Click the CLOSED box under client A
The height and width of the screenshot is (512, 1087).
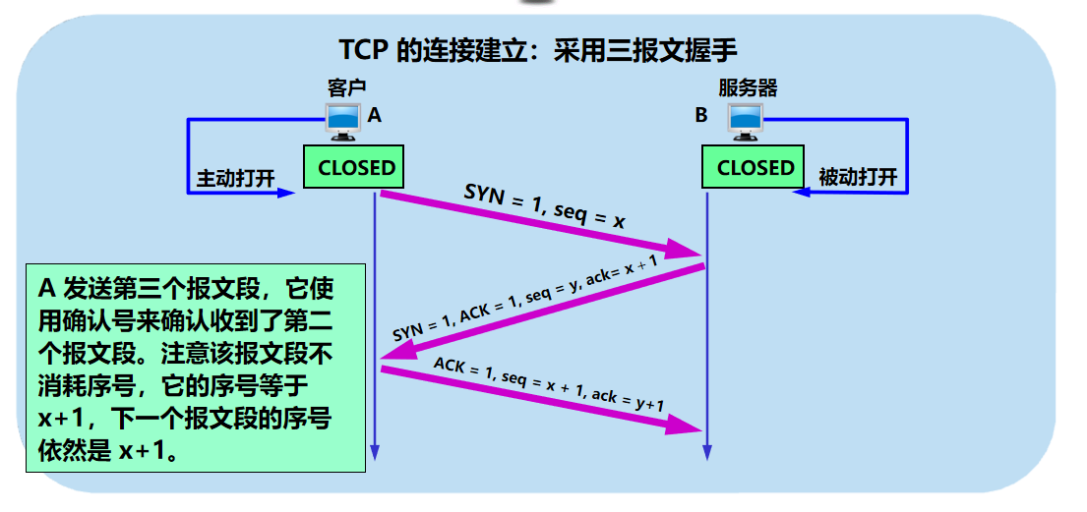pos(356,167)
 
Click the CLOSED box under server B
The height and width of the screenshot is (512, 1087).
pos(755,167)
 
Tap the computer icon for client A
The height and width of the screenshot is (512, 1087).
pos(343,117)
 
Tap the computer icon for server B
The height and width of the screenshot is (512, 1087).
pos(745,117)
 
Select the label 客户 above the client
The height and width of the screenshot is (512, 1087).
pos(346,87)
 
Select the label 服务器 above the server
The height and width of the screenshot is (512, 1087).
pos(748,87)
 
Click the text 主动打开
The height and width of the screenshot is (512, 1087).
pos(235,178)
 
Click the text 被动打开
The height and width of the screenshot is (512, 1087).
pos(858,178)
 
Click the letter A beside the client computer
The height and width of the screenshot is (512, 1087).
pos(374,116)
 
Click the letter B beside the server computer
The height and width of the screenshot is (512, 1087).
pos(701,116)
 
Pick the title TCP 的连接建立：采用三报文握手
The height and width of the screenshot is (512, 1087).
pos(538,50)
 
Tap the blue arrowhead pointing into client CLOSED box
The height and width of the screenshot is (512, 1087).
pos(286,193)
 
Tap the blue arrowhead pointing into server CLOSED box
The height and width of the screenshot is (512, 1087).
pos(802,193)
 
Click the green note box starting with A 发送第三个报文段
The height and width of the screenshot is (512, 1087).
pos(194,366)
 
